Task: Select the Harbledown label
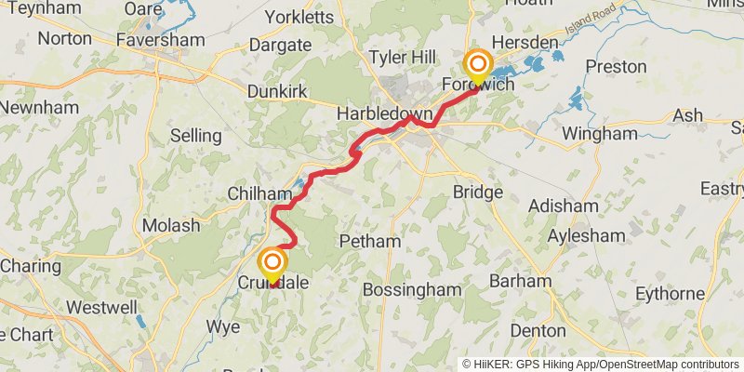click(385, 115)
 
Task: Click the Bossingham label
click(411, 290)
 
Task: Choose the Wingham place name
click(601, 134)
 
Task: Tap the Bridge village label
click(477, 193)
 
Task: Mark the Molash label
click(171, 226)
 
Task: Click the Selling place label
click(195, 136)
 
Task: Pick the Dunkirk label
click(277, 92)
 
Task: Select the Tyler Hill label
click(402, 57)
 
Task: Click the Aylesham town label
click(585, 235)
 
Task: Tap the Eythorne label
click(670, 294)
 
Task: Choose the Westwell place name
click(102, 306)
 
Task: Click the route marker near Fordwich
click(478, 66)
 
